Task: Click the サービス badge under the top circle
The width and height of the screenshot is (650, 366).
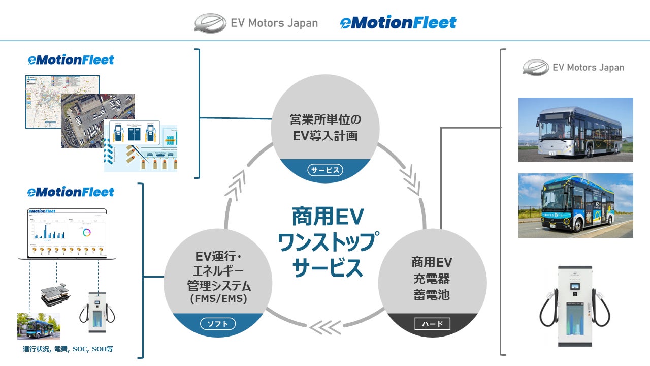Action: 325,170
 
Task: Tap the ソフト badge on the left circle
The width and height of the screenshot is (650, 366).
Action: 218,323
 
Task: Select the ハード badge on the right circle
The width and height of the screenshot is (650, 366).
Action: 433,323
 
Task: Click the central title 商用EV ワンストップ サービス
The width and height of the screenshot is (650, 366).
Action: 328,242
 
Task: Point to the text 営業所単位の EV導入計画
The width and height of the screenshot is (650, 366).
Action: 325,128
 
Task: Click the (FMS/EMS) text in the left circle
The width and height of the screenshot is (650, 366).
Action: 218,299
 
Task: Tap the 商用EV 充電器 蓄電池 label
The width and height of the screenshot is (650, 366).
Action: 432,279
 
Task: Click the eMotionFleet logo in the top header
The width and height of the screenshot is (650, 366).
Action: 398,23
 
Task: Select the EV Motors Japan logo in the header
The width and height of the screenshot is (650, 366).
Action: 256,23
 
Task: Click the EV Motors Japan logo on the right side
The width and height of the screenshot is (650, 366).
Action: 574,67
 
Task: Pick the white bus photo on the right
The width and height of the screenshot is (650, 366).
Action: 575,130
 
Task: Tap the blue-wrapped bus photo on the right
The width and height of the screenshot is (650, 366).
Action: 575,205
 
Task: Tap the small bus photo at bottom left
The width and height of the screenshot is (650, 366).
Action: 39,326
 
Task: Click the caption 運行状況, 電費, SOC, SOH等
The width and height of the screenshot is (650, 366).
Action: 68,349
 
